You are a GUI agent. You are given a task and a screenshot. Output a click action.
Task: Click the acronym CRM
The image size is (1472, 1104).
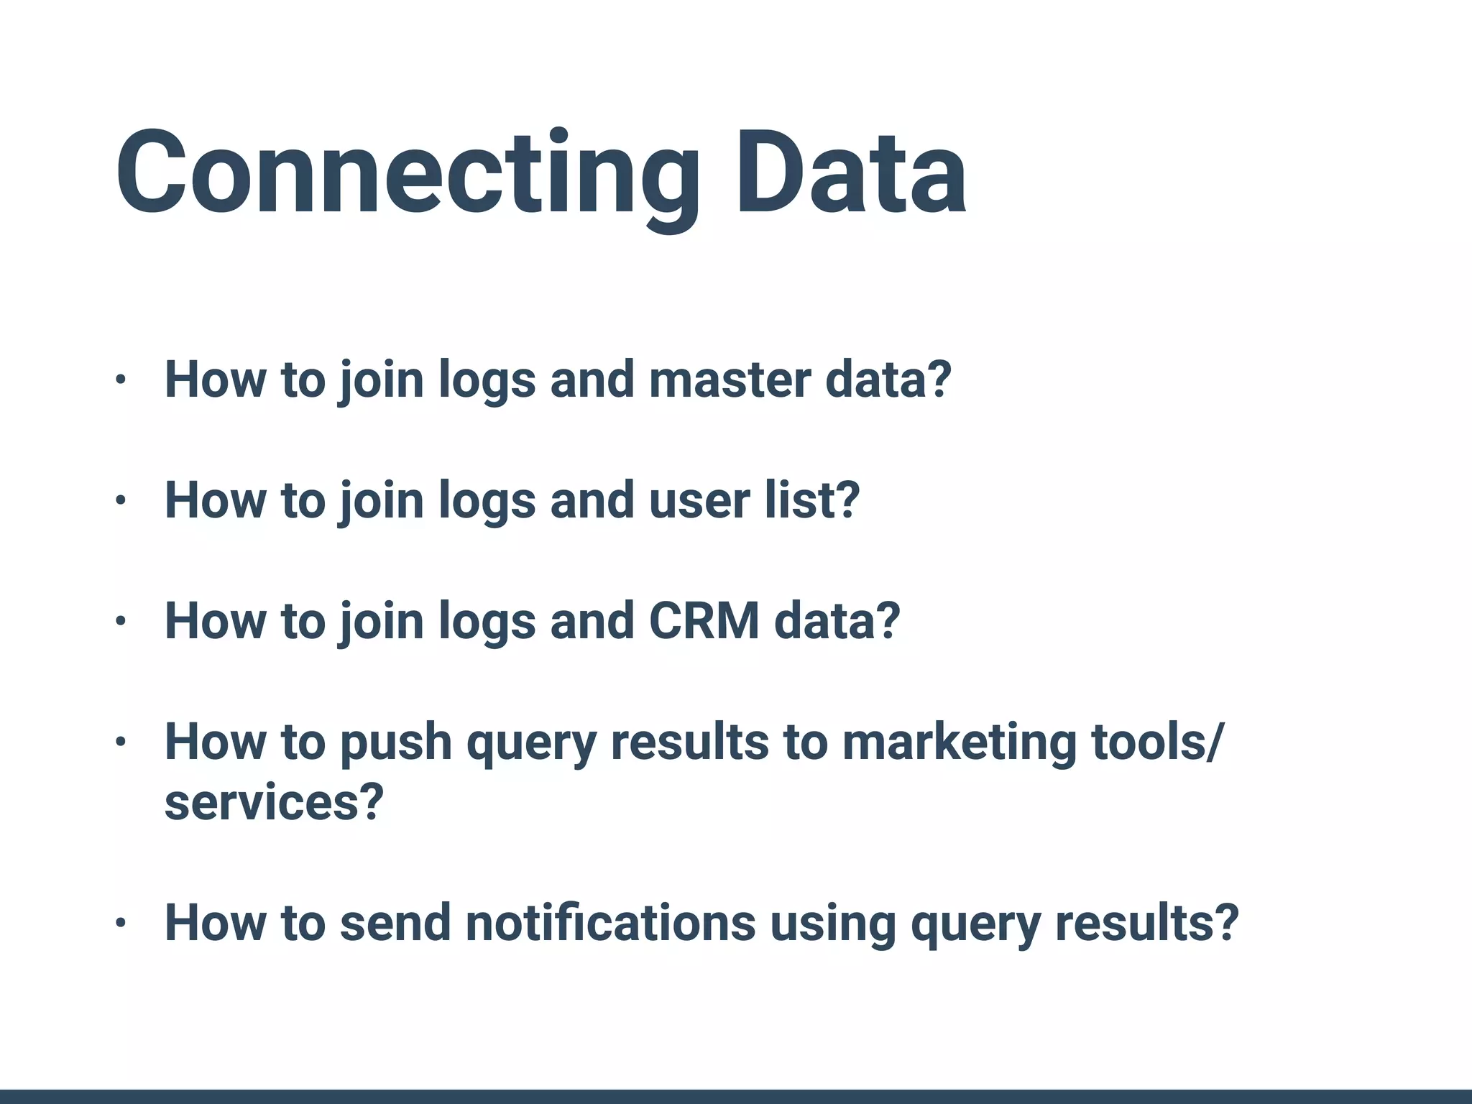point(704,621)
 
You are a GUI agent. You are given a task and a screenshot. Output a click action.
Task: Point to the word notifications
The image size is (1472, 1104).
point(611,923)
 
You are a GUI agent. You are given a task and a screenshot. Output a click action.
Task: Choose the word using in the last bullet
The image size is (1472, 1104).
point(833,923)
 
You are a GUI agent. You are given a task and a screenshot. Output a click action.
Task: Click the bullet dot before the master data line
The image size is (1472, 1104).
point(121,380)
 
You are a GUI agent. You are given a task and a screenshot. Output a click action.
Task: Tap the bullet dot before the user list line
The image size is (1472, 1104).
point(121,501)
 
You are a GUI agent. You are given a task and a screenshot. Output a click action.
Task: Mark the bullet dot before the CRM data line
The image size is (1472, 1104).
point(121,622)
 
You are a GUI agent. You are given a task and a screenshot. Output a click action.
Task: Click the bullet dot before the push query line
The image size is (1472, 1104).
point(121,742)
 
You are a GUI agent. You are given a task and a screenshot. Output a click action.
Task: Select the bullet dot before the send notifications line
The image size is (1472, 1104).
point(121,924)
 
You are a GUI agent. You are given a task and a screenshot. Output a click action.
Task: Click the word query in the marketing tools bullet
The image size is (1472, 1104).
point(531,745)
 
